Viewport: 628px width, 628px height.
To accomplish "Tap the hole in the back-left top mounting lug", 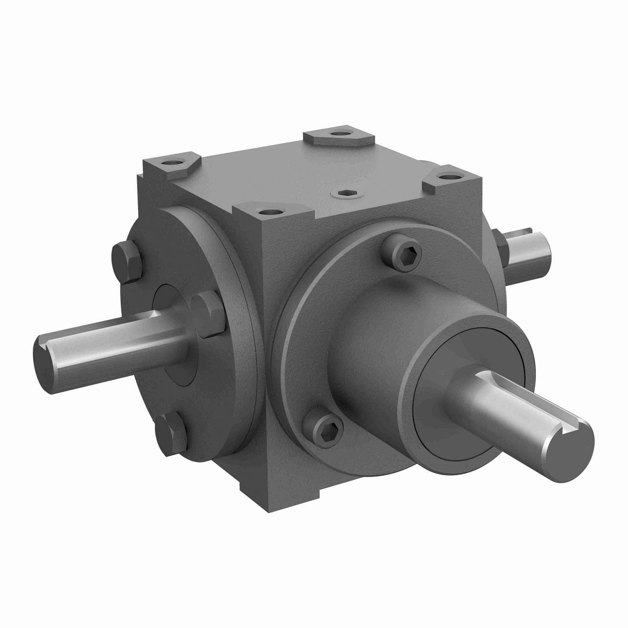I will click(172, 163).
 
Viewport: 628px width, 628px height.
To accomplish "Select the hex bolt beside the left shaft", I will click(207, 309).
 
